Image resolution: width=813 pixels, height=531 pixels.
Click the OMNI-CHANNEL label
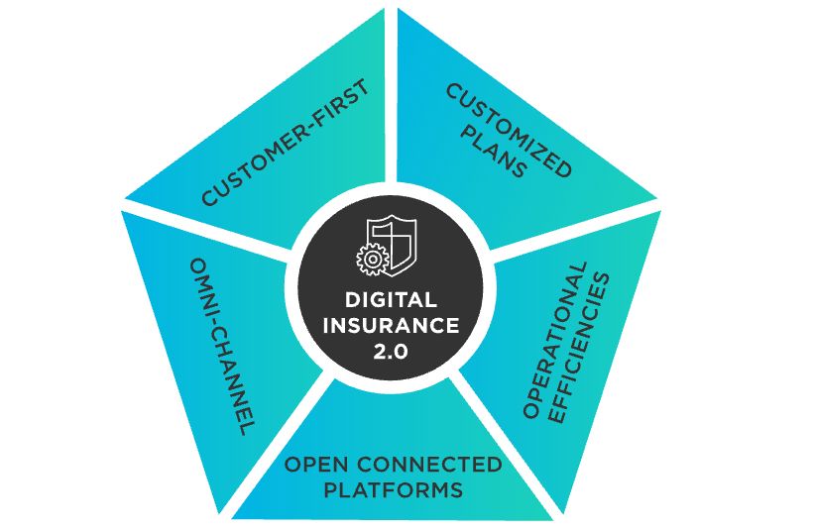point(217,347)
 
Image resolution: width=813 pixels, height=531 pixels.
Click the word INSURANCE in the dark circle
point(392,324)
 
